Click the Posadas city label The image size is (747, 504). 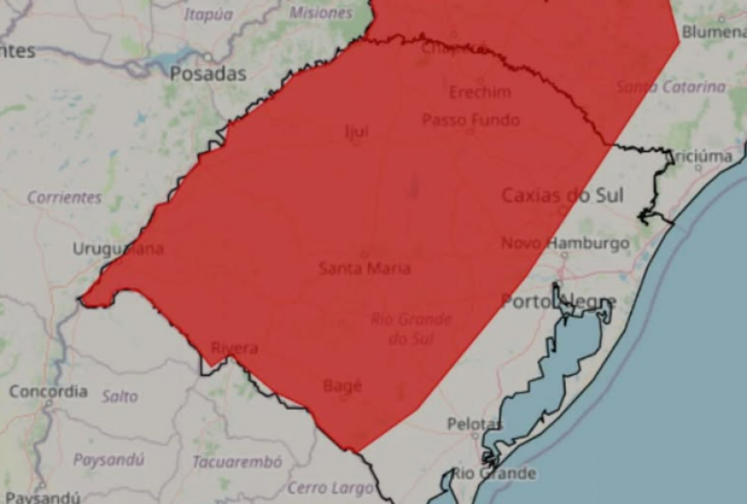click(208, 74)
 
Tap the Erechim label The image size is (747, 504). click(480, 92)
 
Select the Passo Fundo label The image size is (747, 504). click(471, 119)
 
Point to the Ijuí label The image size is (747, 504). click(356, 132)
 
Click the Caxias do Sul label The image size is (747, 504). click(562, 195)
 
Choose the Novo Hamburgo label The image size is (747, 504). click(565, 243)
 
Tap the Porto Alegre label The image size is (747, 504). click(558, 301)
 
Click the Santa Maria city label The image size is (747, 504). click(364, 269)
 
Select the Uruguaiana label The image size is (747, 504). click(118, 248)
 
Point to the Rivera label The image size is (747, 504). click(233, 348)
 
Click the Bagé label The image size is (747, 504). click(341, 385)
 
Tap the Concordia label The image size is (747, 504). click(48, 391)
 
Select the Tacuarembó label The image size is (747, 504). click(236, 462)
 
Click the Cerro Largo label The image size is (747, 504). click(320, 487)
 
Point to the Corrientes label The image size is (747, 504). click(64, 197)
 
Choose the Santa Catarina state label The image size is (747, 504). click(670, 87)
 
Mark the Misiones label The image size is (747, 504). click(320, 13)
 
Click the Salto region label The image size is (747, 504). click(120, 396)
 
